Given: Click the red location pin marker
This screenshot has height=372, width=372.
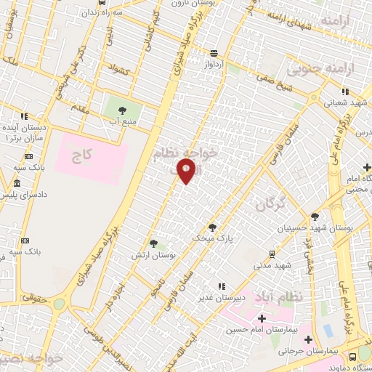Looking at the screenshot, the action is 187,171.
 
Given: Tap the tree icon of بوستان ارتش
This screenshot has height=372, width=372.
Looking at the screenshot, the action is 153,243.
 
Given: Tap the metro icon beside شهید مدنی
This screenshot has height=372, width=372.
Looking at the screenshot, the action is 272,254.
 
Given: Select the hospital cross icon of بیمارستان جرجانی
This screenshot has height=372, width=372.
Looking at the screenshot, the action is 308,339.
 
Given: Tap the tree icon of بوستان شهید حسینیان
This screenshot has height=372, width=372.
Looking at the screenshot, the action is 315,216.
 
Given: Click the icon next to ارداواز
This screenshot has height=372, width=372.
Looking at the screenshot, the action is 214,53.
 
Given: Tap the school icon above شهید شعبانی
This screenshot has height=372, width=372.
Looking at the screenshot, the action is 345,92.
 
